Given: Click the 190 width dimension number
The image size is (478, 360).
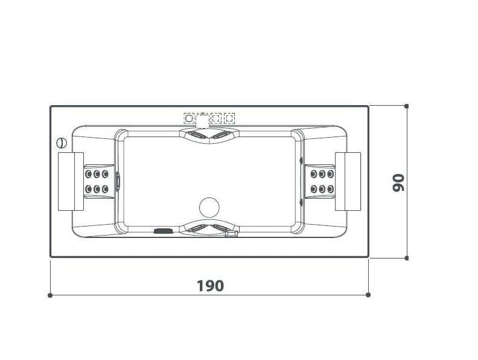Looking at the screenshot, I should pos(210,285).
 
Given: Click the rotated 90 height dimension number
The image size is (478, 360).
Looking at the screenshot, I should pos(398,182).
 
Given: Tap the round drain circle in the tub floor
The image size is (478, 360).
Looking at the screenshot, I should pos(209,207).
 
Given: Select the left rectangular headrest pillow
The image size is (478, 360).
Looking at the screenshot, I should pos(71,181).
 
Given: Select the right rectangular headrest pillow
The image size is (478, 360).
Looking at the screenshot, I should pos(348,181).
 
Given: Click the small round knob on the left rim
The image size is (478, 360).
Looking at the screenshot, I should pos(61,143).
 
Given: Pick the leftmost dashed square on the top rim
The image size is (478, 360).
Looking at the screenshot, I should pos(189,118).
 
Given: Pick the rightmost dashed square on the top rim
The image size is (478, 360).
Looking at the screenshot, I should pos(229,118).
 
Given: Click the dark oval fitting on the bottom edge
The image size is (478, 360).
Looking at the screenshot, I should pos(163,230).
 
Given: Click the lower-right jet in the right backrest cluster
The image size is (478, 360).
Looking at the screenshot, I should pos(330,190).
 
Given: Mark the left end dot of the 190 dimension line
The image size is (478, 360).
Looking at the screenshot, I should pos(50,295).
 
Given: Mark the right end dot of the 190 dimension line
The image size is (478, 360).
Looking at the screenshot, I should pos(368,295).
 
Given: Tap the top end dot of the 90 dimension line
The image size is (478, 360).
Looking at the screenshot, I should pos(407,106).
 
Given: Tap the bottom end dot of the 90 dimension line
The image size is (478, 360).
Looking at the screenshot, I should pos(407,258).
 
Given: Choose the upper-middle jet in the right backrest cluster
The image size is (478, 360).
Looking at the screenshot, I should pos(322,175).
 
